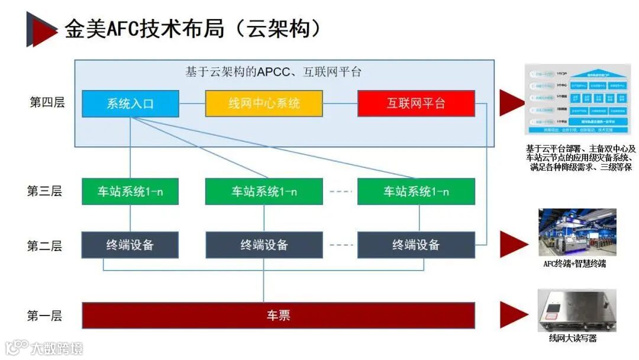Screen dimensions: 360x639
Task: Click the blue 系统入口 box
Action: (130, 104)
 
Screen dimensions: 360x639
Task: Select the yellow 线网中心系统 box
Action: (264, 104)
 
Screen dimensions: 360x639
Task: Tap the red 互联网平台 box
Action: (416, 104)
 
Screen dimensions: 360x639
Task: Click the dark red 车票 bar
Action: (278, 315)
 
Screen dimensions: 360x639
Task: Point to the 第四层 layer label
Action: (47, 102)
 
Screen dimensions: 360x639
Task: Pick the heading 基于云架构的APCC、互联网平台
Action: (273, 72)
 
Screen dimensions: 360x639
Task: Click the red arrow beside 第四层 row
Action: (512, 102)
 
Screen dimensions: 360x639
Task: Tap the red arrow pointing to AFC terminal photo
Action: (513, 244)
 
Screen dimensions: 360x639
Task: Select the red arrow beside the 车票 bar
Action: (513, 314)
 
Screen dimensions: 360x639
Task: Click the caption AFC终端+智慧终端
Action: (575, 263)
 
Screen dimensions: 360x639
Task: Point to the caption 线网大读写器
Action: (573, 338)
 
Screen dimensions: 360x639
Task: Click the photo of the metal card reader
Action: (576, 310)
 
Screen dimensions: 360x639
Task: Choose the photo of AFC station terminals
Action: (577, 232)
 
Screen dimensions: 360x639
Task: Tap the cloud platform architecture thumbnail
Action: (577, 99)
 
